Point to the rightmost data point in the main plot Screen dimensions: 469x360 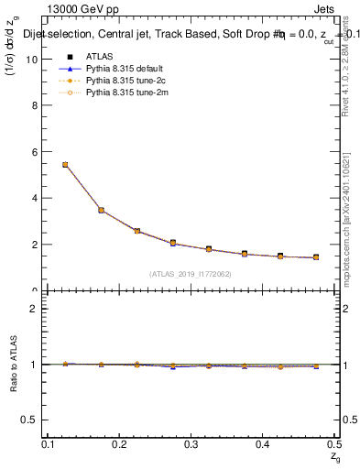coord(316,257)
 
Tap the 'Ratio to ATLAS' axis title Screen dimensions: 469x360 coord(15,364)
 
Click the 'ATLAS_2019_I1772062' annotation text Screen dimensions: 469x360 coord(191,274)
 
